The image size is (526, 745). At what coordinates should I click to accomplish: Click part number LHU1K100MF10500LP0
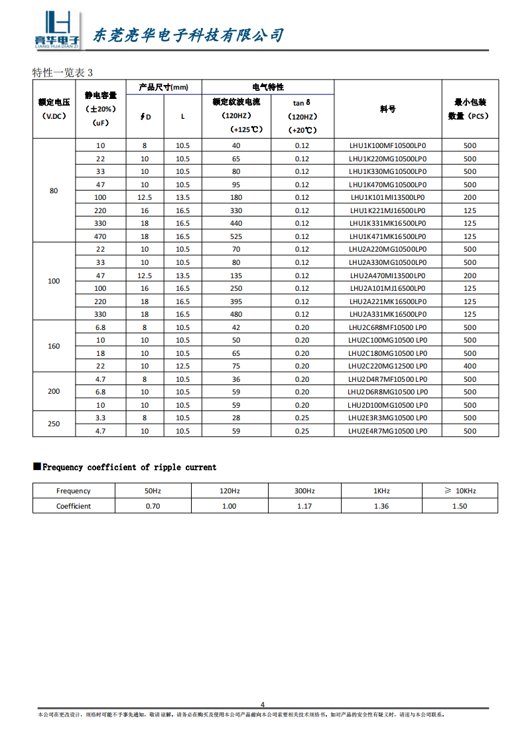tap(387, 146)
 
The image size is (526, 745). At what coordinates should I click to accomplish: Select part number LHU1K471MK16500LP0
tap(387, 236)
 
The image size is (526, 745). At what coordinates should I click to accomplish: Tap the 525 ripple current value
tap(235, 236)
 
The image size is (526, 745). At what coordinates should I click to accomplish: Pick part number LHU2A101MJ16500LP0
tap(387, 288)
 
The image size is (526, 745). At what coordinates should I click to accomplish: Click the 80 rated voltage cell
tap(54, 191)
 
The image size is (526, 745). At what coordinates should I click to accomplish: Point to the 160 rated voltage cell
tap(54, 347)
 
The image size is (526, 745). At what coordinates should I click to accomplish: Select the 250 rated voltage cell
tap(54, 424)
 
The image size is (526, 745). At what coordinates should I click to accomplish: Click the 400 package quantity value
tap(470, 366)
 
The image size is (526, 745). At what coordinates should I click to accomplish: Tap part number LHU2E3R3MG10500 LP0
tap(387, 418)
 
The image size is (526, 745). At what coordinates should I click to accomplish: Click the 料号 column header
tap(387, 109)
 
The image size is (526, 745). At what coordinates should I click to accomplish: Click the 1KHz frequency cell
tap(381, 491)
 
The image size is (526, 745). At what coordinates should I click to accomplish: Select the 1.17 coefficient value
tap(304, 506)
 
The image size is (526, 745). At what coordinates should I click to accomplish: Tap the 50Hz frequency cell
tap(153, 491)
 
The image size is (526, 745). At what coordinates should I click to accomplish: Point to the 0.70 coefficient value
tap(153, 506)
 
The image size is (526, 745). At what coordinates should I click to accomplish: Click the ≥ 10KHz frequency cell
tap(460, 491)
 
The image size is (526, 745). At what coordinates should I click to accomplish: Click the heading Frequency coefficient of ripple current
tap(129, 467)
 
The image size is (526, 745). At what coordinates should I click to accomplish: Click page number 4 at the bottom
tap(263, 704)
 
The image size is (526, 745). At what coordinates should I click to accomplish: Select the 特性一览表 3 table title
tap(63, 72)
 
